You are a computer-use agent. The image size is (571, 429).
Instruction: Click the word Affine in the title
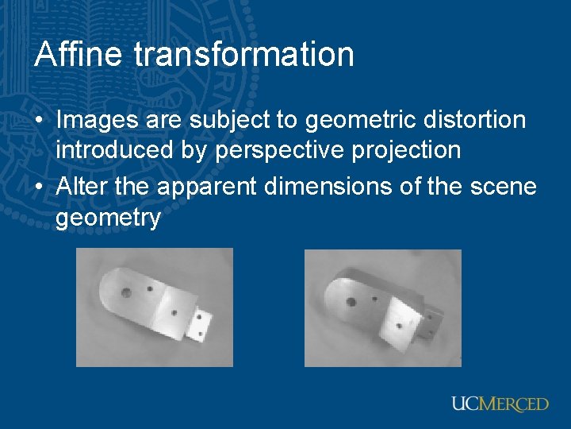pos(79,55)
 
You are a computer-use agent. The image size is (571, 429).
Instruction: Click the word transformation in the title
pos(243,55)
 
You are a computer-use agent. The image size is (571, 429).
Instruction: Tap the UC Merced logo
pos(500,404)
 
